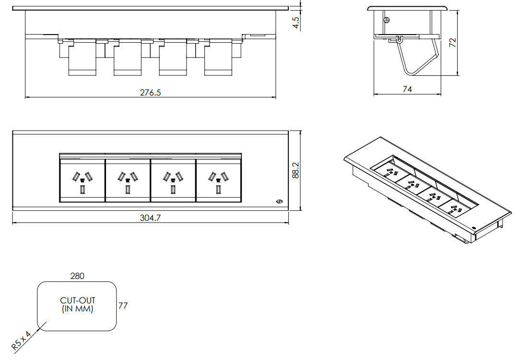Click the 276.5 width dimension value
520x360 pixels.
tap(150, 93)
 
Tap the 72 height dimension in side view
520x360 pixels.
tap(452, 42)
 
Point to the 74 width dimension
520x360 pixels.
tap(407, 89)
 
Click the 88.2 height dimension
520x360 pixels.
tap(295, 170)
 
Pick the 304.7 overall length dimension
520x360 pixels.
tap(150, 217)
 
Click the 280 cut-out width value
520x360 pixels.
tap(77, 276)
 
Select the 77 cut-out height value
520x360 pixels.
tap(123, 305)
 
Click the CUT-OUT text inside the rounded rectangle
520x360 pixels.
tap(78, 301)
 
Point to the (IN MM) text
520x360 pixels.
tap(78, 309)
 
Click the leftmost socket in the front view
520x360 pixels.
tap(82, 180)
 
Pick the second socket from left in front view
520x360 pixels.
tap(128, 180)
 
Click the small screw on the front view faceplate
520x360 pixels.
tap(279, 201)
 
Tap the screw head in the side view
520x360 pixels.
tap(387, 20)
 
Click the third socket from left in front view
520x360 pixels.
tap(173, 180)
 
